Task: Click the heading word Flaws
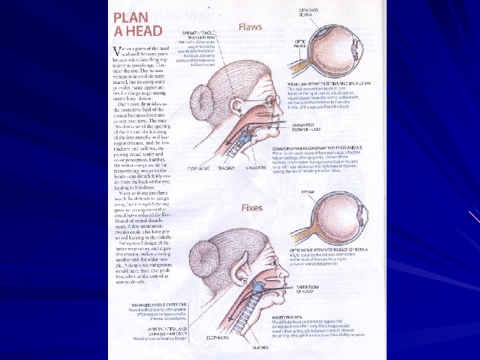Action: tap(250, 27)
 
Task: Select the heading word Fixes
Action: tap(251, 207)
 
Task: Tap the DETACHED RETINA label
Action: tap(309, 13)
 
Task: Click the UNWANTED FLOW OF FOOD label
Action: tap(303, 127)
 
